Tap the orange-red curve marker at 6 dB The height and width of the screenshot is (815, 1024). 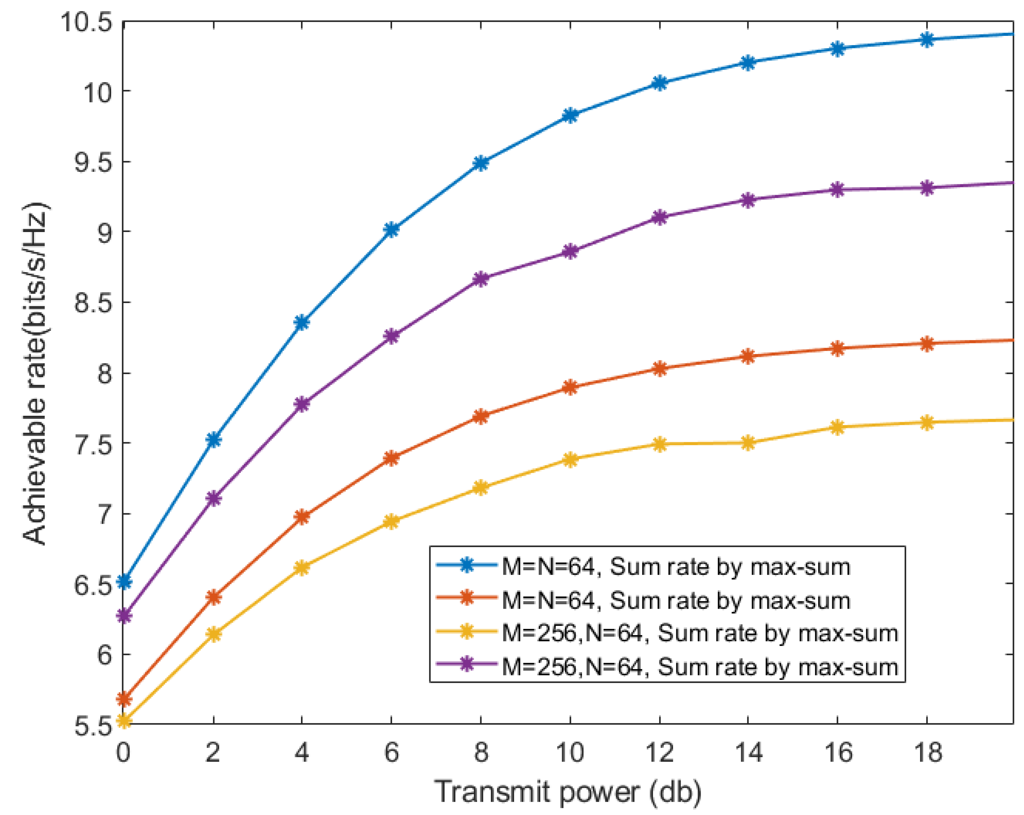[391, 458]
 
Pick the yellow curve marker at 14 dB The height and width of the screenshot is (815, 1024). [748, 443]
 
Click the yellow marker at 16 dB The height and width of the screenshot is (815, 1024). [838, 427]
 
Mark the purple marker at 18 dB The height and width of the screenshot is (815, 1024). [927, 188]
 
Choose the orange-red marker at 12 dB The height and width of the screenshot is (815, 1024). [659, 369]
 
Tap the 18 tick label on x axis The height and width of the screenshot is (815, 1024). [927, 753]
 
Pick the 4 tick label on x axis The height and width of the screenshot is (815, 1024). [302, 753]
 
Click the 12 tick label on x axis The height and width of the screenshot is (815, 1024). [659, 753]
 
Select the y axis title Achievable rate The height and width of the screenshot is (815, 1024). [36, 373]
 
